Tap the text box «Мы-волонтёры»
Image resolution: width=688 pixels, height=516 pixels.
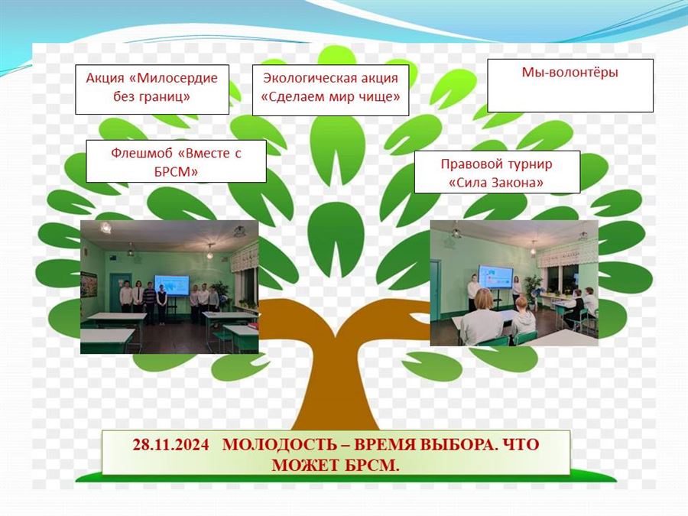tap(570, 86)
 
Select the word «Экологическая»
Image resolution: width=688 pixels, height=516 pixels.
tap(309, 78)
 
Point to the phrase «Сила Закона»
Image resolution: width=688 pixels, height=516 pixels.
tap(496, 183)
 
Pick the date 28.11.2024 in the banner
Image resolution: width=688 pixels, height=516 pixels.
tap(170, 444)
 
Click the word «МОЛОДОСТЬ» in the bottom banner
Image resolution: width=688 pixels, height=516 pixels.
tap(280, 444)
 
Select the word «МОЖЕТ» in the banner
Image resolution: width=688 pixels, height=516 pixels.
tap(305, 465)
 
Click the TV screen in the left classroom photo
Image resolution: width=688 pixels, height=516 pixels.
tap(171, 286)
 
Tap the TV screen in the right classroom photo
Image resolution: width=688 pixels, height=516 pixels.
tap(495, 277)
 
